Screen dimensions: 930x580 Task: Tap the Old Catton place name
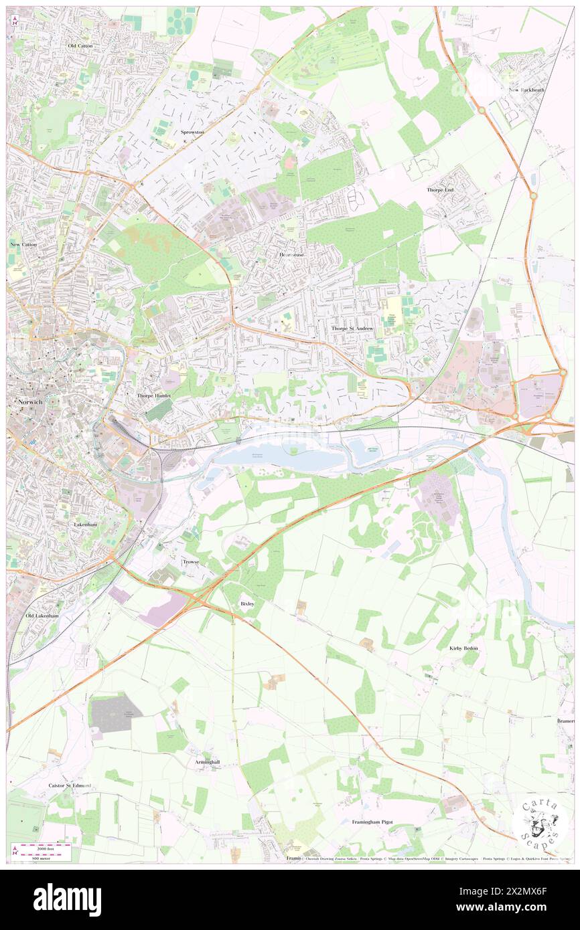click(80, 45)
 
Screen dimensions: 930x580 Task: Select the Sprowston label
click(192, 132)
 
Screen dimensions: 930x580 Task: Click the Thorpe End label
click(441, 190)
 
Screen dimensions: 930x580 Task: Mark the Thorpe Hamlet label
click(154, 396)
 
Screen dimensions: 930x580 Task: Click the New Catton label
click(23, 245)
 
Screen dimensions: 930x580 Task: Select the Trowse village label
click(192, 562)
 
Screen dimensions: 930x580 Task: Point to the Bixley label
click(247, 603)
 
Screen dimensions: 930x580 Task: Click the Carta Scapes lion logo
click(539, 820)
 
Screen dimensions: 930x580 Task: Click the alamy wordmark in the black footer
click(67, 899)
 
